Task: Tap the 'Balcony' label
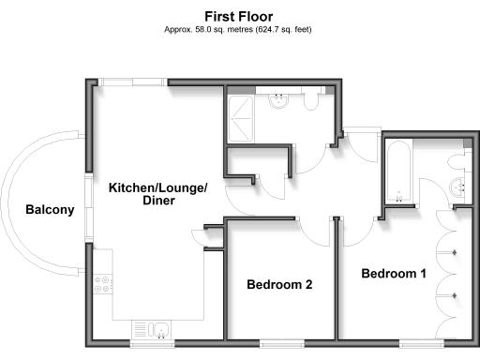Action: coord(50,210)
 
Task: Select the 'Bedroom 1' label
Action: coord(394,274)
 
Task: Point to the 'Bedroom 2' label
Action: coord(278,284)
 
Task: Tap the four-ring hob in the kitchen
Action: coord(102,285)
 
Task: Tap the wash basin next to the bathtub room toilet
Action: coord(459,187)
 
